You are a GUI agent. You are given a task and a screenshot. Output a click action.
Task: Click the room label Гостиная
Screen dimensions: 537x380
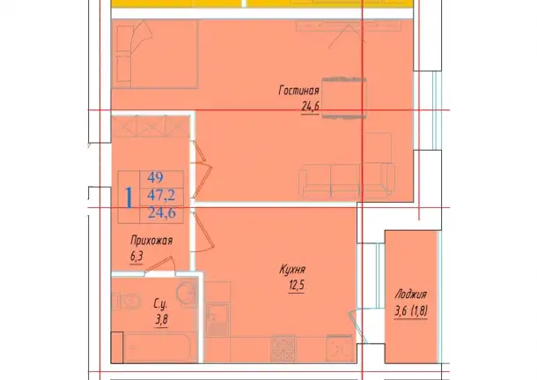(298, 91)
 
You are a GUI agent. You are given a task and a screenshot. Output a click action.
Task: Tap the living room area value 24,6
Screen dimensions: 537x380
(310, 107)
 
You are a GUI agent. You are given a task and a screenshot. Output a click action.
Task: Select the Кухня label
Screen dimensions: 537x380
(292, 270)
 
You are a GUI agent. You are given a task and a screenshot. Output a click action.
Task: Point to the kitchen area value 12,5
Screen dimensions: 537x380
(297, 286)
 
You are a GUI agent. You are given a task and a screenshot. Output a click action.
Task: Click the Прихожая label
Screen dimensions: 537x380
(151, 241)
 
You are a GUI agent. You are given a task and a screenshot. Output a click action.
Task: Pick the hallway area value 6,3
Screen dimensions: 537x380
(136, 257)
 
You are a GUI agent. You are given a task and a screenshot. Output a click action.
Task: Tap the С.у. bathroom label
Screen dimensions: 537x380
(160, 303)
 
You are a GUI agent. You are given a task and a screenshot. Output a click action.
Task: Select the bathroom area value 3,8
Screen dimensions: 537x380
(161, 320)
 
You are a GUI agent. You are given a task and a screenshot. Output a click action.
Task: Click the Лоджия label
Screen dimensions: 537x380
(410, 294)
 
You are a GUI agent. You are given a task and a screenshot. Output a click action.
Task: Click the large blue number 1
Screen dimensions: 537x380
(129, 197)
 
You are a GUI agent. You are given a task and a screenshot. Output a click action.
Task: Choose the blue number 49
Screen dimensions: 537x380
(156, 177)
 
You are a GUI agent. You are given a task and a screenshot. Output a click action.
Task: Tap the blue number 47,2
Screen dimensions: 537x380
(161, 195)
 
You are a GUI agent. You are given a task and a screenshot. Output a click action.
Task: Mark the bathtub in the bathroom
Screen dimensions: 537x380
(158, 347)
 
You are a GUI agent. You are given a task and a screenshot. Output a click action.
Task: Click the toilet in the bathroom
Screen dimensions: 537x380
(128, 301)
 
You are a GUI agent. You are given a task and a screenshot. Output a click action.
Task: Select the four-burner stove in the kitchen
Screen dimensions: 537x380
(283, 348)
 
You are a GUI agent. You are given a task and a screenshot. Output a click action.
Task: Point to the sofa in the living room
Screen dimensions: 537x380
(347, 181)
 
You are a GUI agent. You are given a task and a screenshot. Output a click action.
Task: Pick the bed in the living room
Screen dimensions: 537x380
(155, 54)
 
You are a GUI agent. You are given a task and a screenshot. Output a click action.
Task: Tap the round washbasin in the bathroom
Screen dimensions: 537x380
(187, 292)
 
